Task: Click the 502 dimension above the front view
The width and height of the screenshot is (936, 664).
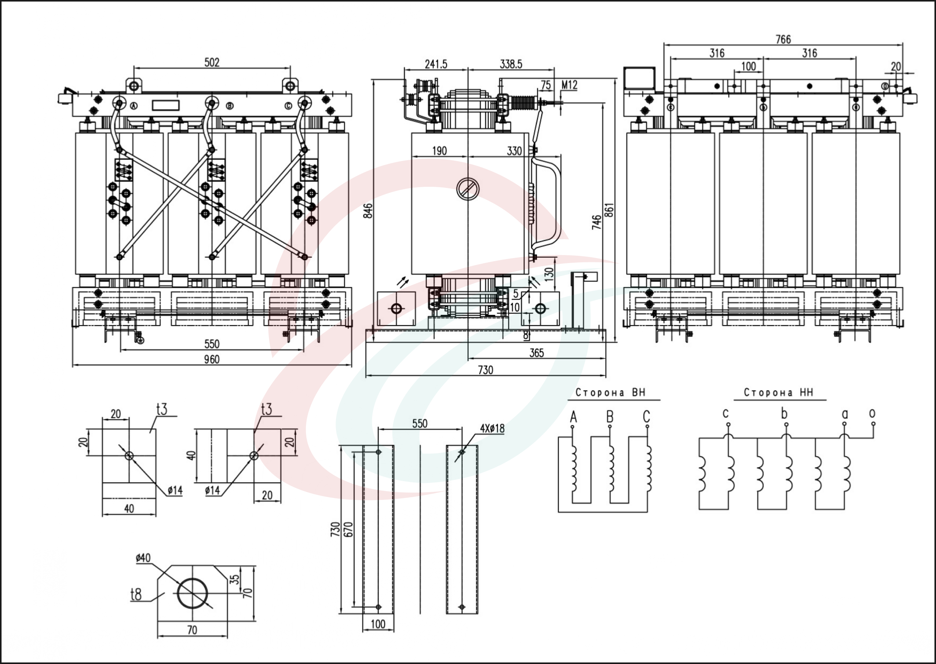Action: click(x=212, y=62)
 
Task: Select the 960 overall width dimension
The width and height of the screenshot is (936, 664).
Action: click(x=212, y=359)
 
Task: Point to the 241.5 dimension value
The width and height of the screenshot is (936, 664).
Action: click(x=436, y=64)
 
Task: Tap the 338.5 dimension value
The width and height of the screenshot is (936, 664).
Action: click(x=511, y=64)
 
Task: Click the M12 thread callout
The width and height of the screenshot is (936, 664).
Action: click(x=569, y=85)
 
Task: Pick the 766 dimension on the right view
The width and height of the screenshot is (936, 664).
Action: click(x=783, y=39)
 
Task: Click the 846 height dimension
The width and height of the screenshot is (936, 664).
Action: click(x=369, y=211)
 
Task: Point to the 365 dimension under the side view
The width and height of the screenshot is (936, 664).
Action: click(x=537, y=353)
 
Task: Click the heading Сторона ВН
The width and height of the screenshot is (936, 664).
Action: click(x=611, y=392)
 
